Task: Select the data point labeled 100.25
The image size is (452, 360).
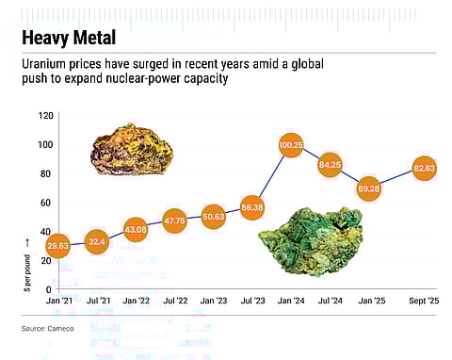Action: pos(291,145)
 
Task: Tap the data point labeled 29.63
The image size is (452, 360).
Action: pos(57,246)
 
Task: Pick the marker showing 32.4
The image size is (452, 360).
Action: pos(96,242)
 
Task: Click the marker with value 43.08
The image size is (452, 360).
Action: pos(136,229)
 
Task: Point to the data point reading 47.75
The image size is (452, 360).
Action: pos(174,221)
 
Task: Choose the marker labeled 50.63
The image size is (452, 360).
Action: pos(213,217)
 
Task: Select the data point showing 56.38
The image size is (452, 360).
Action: pos(252,208)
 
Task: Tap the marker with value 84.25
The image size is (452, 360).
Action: pos(330,165)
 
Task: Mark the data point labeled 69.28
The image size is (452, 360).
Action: pos(368,188)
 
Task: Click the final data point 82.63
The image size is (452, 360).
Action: pos(424,170)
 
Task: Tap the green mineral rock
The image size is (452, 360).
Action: pos(310,241)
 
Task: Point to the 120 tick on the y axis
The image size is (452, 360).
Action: pos(43,116)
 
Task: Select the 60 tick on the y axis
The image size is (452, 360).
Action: pos(45,203)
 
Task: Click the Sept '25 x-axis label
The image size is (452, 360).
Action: pos(422,301)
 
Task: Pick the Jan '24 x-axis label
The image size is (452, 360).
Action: pos(290,301)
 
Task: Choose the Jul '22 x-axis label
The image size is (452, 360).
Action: pos(174,301)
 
